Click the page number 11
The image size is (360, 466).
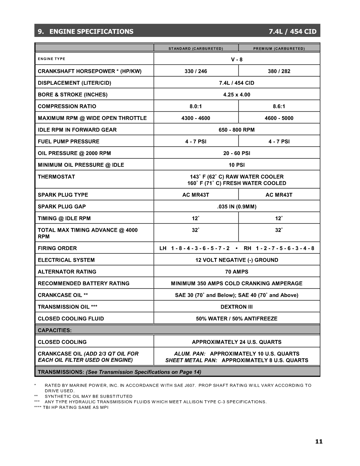point(319,441)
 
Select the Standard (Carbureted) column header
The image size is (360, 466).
point(196,48)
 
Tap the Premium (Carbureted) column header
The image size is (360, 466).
point(279,48)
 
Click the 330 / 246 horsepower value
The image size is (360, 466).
point(196,71)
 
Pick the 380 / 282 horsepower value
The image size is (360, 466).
point(279,71)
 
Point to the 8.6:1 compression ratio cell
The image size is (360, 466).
point(279,107)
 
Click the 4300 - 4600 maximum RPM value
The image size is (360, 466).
point(196,118)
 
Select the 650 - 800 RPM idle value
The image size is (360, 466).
point(237,130)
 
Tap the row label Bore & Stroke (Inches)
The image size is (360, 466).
point(73,95)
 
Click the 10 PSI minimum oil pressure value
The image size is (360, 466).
point(237,165)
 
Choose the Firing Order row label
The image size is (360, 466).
point(57,248)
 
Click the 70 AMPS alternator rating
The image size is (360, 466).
point(237,272)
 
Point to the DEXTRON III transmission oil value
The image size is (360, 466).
point(237,307)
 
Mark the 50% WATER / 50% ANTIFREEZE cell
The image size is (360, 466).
point(237,319)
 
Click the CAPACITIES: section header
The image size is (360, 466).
point(55,330)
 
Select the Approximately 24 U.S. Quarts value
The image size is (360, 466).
point(237,342)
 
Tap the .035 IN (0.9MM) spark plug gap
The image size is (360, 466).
point(237,207)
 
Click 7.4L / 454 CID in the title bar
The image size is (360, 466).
point(293,31)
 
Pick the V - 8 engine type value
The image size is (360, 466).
point(237,60)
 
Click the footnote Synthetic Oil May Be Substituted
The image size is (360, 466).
point(89,396)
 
